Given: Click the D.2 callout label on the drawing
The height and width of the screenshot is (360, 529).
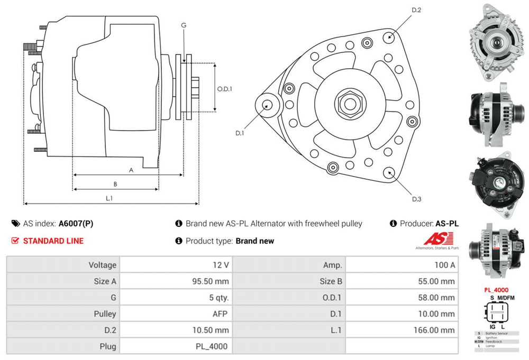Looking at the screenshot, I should coord(416,10).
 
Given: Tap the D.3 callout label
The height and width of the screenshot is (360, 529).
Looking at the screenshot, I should coord(416,199).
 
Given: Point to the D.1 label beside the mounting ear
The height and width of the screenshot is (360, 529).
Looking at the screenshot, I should coord(239,133).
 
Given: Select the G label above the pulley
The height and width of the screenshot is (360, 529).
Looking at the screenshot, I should coord(184,25).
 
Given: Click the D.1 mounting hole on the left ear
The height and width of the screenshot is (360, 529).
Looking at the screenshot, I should coord(267,104).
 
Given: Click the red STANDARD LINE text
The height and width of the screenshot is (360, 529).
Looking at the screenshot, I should coord(53,241).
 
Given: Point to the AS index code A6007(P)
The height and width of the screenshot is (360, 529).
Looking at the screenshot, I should coord(76,224).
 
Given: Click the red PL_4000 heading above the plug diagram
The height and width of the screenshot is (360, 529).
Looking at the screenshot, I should coord(496,290).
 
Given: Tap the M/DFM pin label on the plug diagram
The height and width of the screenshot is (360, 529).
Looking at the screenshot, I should coord(505,298).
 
